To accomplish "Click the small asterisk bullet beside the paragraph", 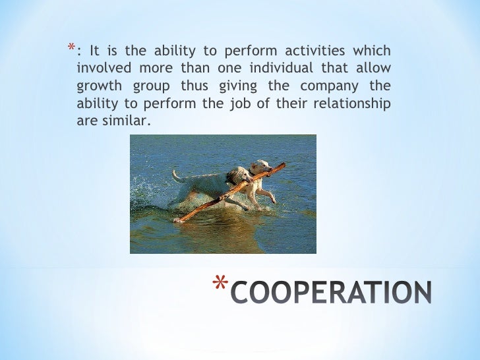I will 69,48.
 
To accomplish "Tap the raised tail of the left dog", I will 177,176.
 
